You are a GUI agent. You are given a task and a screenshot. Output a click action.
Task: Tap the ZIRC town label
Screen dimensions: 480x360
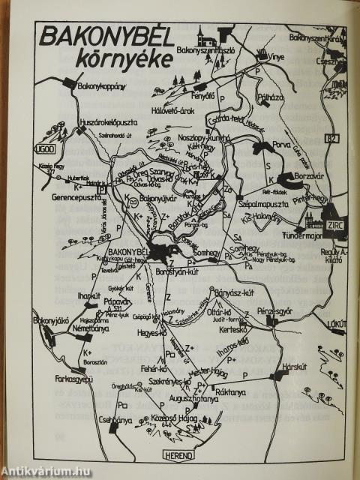pos(334,224)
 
